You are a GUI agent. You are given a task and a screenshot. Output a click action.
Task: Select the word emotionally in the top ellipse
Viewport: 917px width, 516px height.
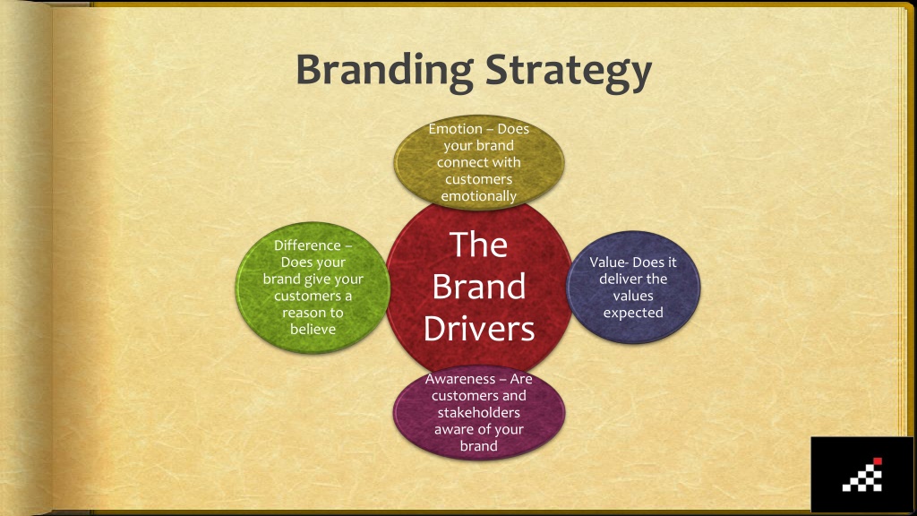pos(478,196)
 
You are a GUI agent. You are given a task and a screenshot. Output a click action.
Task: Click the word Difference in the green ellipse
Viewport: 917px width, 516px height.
pos(307,245)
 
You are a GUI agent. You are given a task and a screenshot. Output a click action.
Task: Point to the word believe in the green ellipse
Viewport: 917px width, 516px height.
pos(313,330)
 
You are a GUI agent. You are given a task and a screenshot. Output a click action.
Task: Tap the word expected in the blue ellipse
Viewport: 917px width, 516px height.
pos(633,313)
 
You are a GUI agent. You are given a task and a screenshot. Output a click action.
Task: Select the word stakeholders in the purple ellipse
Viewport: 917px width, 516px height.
pos(478,412)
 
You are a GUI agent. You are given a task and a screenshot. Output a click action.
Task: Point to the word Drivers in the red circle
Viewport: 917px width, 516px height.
pos(479,330)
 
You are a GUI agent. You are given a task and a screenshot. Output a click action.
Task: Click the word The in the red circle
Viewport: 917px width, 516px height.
pos(478,245)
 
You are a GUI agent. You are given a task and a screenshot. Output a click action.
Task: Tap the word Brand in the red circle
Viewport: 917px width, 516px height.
pos(478,287)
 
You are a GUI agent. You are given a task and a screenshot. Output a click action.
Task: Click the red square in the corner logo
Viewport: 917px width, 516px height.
pos(878,461)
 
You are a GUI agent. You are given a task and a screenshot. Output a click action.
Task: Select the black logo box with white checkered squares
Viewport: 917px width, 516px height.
pos(861,474)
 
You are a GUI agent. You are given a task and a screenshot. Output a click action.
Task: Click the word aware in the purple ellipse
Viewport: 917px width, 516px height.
pos(452,430)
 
